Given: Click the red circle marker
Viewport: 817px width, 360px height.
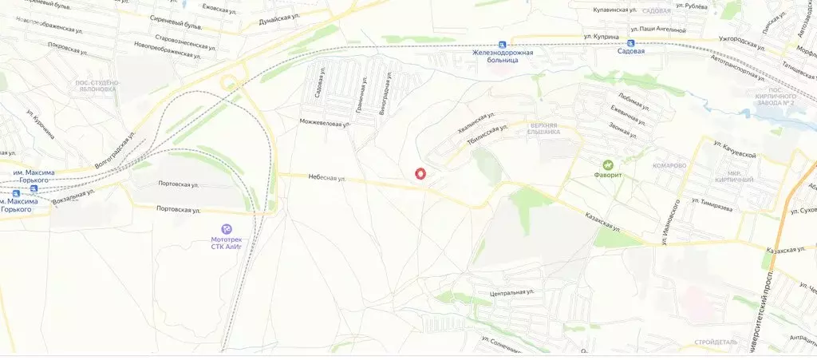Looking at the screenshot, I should click(x=420, y=173).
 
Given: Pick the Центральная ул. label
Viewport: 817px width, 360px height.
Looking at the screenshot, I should click(x=511, y=293).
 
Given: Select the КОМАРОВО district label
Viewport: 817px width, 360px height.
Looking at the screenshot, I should click(x=668, y=165).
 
